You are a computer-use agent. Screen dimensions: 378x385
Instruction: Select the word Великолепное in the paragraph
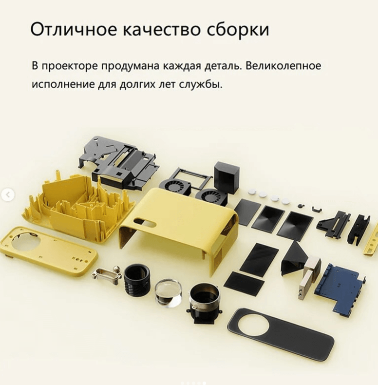pyautogui.click(x=283, y=66)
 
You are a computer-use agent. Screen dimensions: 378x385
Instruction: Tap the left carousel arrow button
pyautogui.click(x=7, y=195)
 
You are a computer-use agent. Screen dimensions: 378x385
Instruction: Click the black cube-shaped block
pyautogui.click(x=227, y=177)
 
